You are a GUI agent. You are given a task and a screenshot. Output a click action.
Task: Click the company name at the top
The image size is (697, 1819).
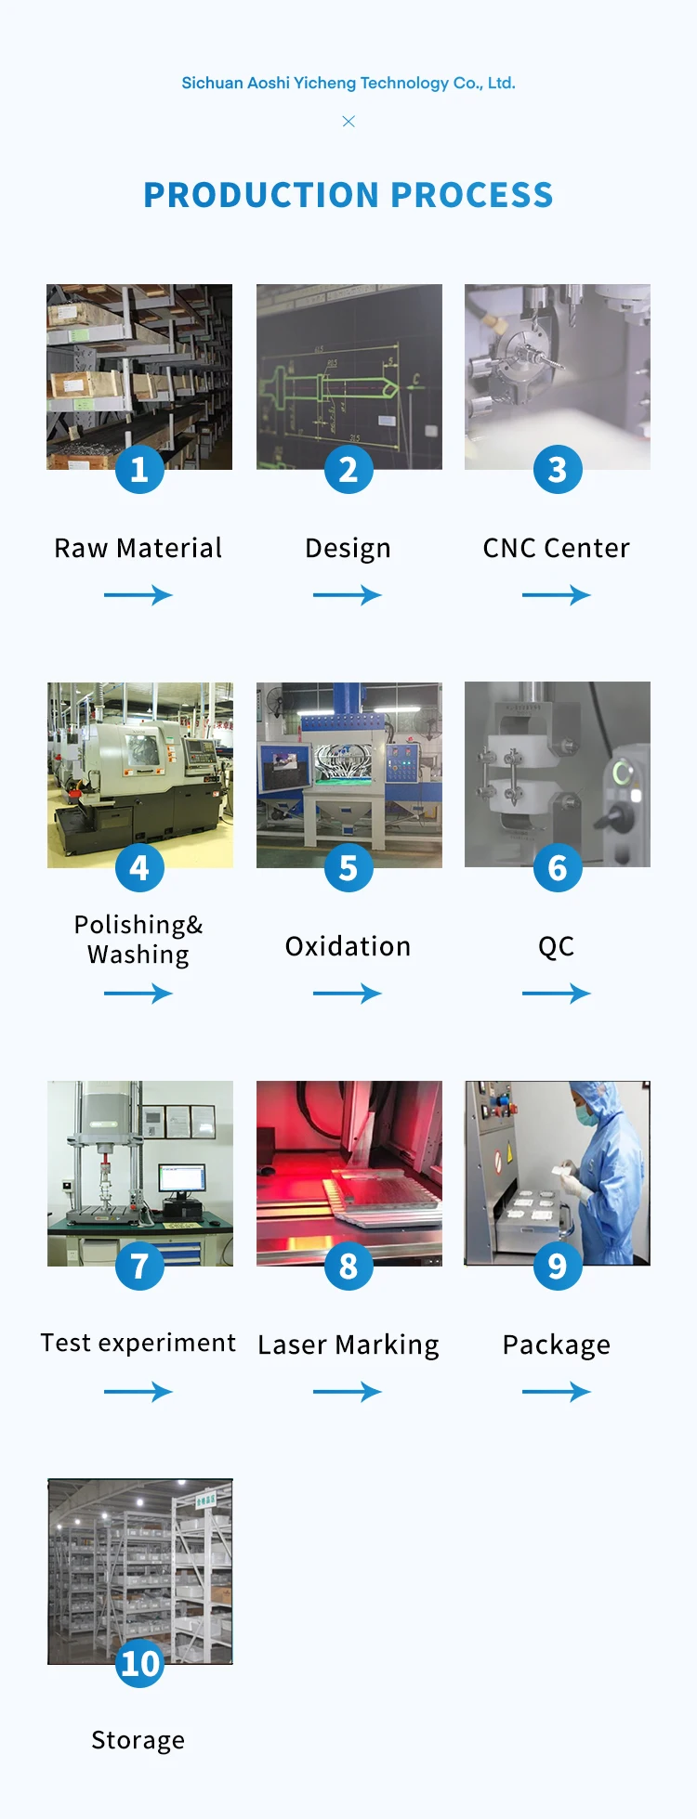(x=348, y=83)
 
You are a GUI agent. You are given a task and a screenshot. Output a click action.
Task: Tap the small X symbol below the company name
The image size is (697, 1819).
(x=348, y=122)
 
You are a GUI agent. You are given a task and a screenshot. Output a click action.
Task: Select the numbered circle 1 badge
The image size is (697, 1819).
(x=139, y=469)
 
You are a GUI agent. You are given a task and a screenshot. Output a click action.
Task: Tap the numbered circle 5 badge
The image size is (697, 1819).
(x=348, y=867)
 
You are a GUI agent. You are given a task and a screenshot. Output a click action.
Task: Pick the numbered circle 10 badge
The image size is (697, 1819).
(x=140, y=1663)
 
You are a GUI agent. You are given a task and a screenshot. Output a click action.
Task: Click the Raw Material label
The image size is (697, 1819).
(x=138, y=548)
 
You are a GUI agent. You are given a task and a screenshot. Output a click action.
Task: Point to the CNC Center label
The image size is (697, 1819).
(x=557, y=548)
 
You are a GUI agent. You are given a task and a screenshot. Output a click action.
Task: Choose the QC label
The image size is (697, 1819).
(x=557, y=946)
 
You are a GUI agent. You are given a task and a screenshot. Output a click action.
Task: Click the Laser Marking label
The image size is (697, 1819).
(x=348, y=1345)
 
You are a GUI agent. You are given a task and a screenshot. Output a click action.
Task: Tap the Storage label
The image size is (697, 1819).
(x=138, y=1740)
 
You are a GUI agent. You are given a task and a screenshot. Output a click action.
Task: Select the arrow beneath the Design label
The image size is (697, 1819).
(x=348, y=595)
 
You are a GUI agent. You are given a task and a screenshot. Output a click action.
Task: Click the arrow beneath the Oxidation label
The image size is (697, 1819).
(x=348, y=994)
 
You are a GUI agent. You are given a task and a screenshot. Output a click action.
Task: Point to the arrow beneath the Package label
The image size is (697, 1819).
(x=557, y=1391)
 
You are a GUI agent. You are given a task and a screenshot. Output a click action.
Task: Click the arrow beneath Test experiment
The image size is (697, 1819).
(x=138, y=1391)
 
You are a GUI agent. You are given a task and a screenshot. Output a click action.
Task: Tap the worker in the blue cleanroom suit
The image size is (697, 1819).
(x=604, y=1161)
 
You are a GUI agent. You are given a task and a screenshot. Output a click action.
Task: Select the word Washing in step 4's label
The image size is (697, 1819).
(x=138, y=955)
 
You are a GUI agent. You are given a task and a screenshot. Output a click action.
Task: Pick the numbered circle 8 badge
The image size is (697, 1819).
(x=348, y=1266)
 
